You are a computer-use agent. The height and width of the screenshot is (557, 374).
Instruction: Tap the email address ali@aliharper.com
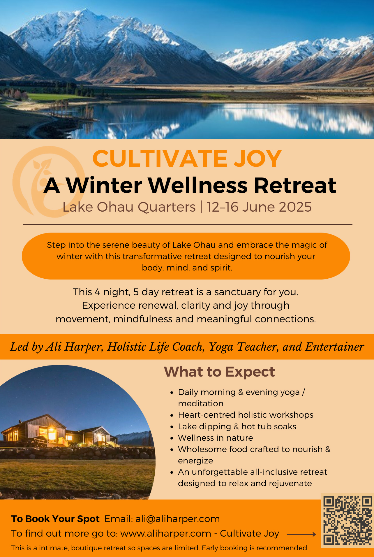178,519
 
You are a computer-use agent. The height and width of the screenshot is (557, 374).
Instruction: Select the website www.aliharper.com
166,533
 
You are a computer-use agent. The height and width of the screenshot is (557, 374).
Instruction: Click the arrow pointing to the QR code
301,534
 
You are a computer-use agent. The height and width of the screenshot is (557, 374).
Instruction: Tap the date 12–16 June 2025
259,207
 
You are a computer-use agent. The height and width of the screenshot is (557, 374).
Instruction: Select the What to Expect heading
219,372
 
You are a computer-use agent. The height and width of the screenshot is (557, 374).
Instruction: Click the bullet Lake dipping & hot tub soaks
237,426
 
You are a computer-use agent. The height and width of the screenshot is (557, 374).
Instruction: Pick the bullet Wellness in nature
216,438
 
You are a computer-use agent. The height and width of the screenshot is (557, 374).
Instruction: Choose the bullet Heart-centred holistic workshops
246,415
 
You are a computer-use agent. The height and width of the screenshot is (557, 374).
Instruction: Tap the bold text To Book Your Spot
55,519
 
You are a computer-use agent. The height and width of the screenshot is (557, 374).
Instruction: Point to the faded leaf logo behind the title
48,182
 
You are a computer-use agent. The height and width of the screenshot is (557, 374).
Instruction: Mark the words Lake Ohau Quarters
129,207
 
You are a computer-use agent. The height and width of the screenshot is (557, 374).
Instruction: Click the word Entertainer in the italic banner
334,347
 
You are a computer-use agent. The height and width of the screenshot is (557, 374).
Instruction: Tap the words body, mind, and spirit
187,268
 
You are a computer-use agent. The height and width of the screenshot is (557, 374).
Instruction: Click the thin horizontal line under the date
188,225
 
